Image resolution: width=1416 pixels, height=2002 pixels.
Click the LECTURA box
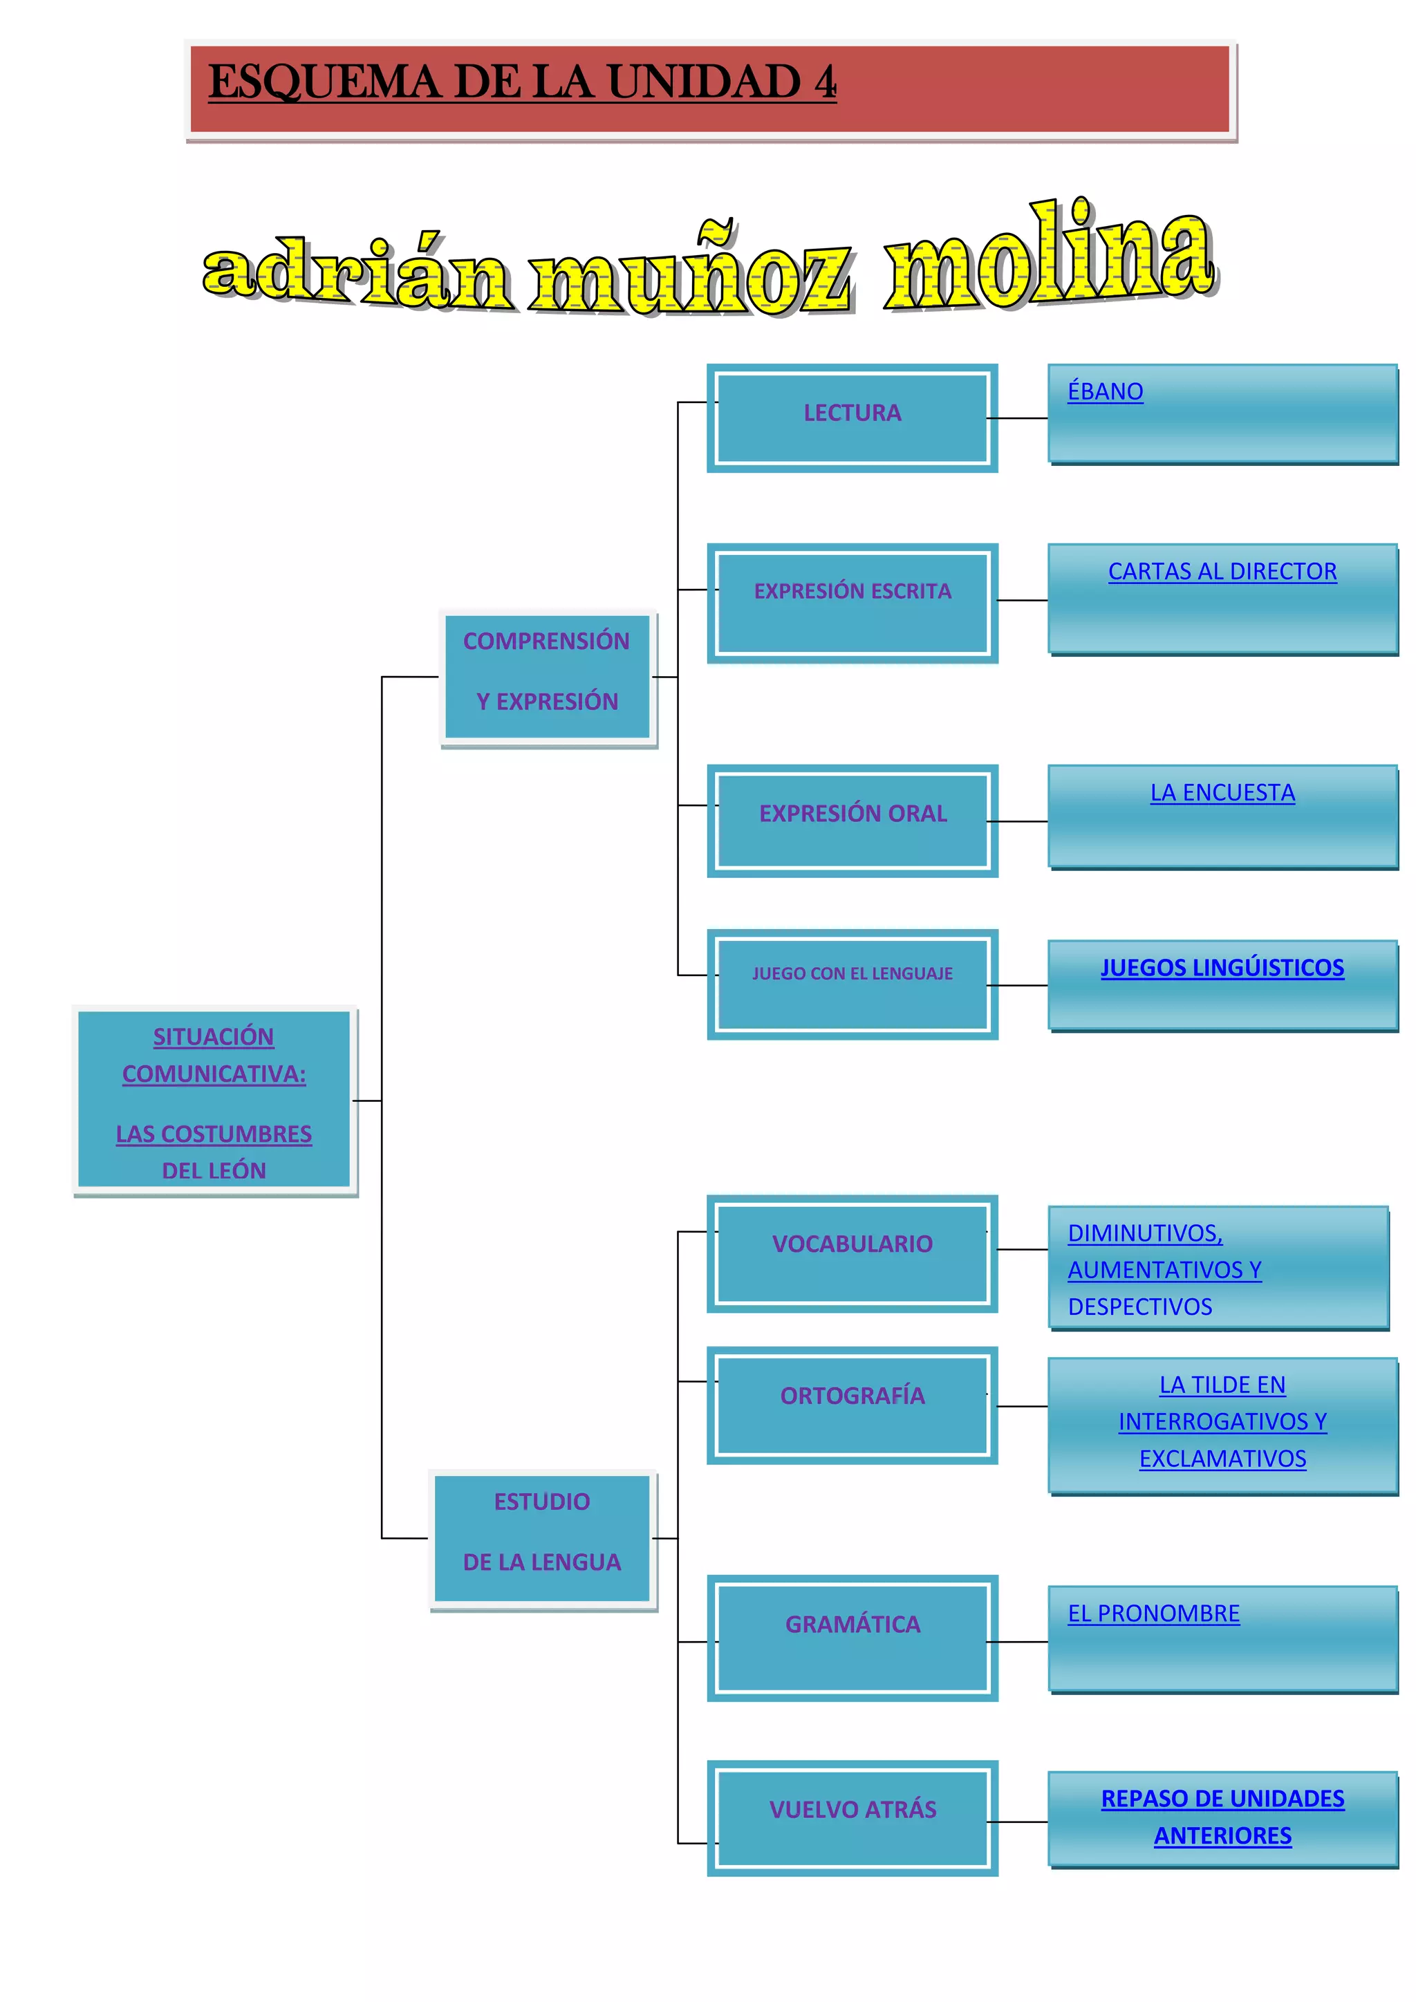(x=852, y=418)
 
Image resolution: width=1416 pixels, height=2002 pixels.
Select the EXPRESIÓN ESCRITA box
(x=852, y=603)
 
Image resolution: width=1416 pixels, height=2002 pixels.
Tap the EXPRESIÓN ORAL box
(x=852, y=820)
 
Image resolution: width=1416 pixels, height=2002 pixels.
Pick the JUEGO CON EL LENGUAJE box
(x=852, y=984)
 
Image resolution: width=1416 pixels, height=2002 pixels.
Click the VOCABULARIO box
(x=852, y=1253)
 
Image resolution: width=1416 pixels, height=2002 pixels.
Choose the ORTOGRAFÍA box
(x=852, y=1405)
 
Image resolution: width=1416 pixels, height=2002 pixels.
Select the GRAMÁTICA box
(x=852, y=1638)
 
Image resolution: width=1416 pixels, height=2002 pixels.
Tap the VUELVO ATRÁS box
(x=852, y=1818)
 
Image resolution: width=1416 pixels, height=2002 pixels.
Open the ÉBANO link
(x=1105, y=391)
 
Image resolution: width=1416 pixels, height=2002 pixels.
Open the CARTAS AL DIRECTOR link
(x=1222, y=571)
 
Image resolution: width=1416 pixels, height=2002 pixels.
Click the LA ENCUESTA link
(x=1222, y=793)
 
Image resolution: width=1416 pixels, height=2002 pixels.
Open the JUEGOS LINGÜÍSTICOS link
(x=1222, y=967)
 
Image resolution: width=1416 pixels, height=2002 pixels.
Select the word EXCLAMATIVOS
(x=1222, y=1459)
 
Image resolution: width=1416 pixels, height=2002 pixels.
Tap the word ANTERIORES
(x=1222, y=1835)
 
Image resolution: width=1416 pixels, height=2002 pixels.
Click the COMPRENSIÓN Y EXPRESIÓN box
(x=547, y=677)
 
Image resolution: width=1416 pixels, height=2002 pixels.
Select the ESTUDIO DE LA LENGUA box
(x=541, y=1538)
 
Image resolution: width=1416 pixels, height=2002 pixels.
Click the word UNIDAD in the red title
(x=705, y=82)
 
